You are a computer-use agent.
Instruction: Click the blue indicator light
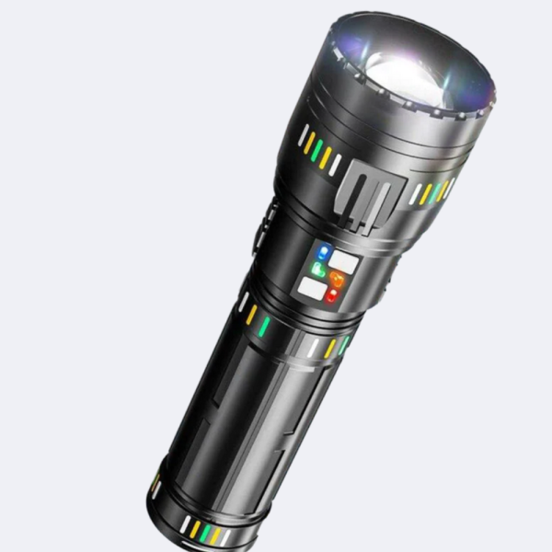(322, 252)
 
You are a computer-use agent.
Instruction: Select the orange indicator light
(337, 281)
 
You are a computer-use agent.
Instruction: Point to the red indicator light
(330, 296)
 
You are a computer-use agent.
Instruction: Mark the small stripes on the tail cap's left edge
(155, 485)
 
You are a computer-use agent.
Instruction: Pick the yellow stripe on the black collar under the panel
(251, 316)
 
